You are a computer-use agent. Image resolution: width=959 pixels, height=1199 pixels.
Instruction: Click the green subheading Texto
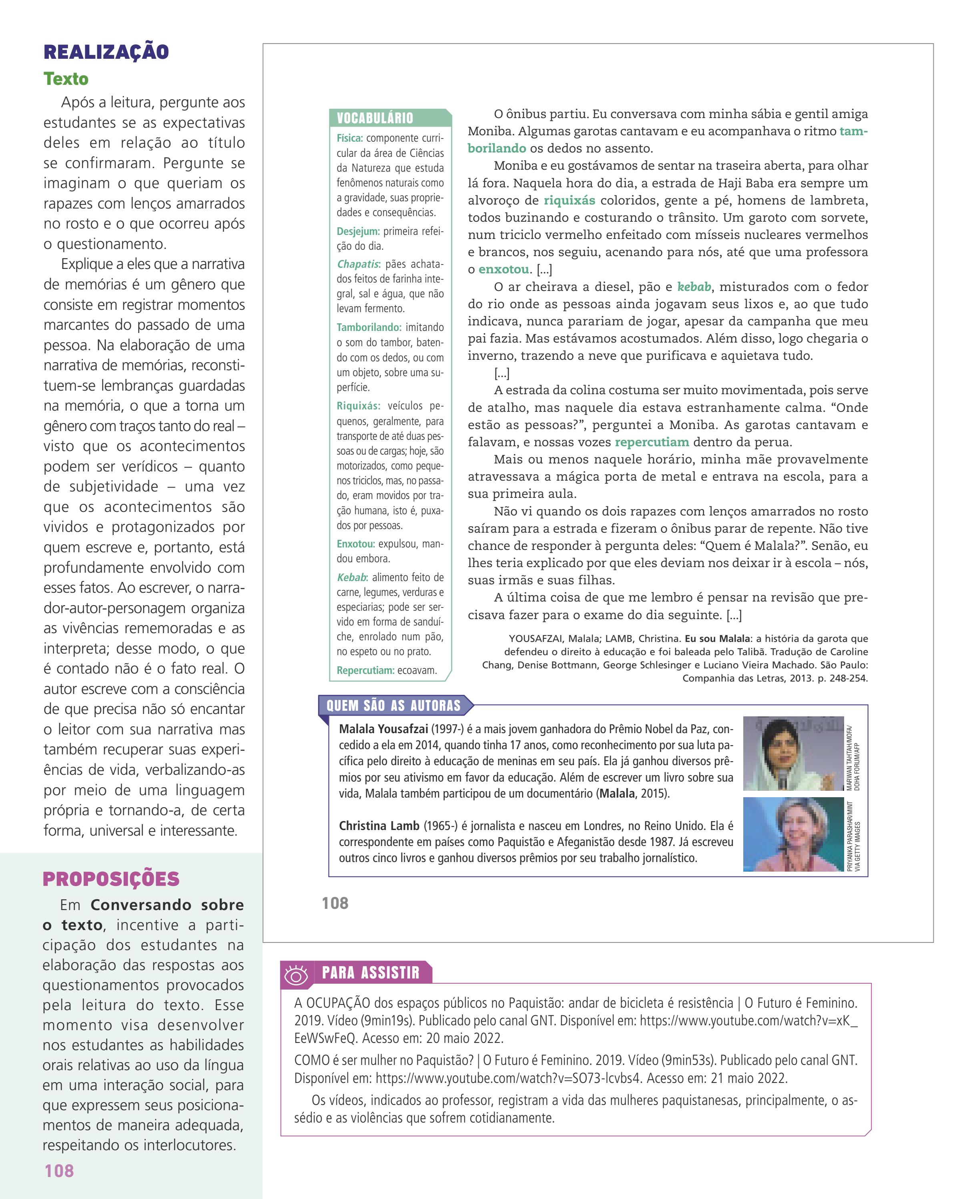tap(66, 79)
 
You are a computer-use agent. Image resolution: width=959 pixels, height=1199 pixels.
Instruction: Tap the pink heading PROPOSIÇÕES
tap(111, 879)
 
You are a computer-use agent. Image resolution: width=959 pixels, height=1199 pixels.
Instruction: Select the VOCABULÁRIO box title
tap(375, 118)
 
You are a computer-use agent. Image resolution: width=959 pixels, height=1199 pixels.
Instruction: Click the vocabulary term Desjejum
tap(358, 231)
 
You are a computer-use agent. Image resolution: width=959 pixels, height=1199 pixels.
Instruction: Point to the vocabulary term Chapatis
tap(358, 264)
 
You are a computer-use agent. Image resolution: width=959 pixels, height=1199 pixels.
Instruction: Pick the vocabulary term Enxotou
tap(355, 544)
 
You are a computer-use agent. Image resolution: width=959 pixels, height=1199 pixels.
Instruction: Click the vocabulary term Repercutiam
tap(365, 670)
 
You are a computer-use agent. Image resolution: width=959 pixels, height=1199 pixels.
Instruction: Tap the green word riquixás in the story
tap(569, 200)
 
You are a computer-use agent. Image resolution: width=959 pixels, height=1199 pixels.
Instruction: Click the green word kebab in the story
tap(694, 287)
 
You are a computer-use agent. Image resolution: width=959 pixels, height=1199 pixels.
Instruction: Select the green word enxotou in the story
tap(504, 270)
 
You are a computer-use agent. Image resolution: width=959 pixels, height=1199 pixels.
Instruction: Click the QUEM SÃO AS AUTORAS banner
tap(393, 706)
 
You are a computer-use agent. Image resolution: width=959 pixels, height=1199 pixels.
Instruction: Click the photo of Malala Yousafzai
tap(792, 753)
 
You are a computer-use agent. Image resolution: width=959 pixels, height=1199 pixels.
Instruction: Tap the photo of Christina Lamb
tap(792, 834)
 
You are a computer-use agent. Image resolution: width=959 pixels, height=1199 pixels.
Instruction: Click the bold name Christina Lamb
tap(379, 826)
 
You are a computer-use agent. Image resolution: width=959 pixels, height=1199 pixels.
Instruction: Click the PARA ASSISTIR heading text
tap(371, 972)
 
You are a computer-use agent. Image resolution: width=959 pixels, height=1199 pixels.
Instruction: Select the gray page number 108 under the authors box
tap(335, 903)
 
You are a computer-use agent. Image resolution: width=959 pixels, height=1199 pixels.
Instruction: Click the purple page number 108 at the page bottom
tap(59, 1170)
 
